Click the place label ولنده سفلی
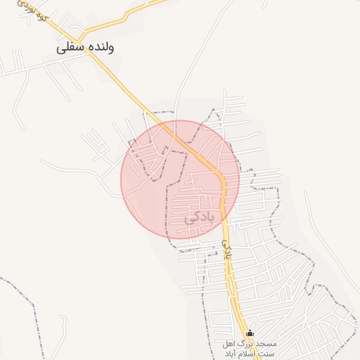[x=86, y=47]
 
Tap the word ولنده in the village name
[x=100, y=47]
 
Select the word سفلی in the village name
[x=71, y=48]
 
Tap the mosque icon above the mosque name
[x=250, y=333]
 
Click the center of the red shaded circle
[x=180, y=179]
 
